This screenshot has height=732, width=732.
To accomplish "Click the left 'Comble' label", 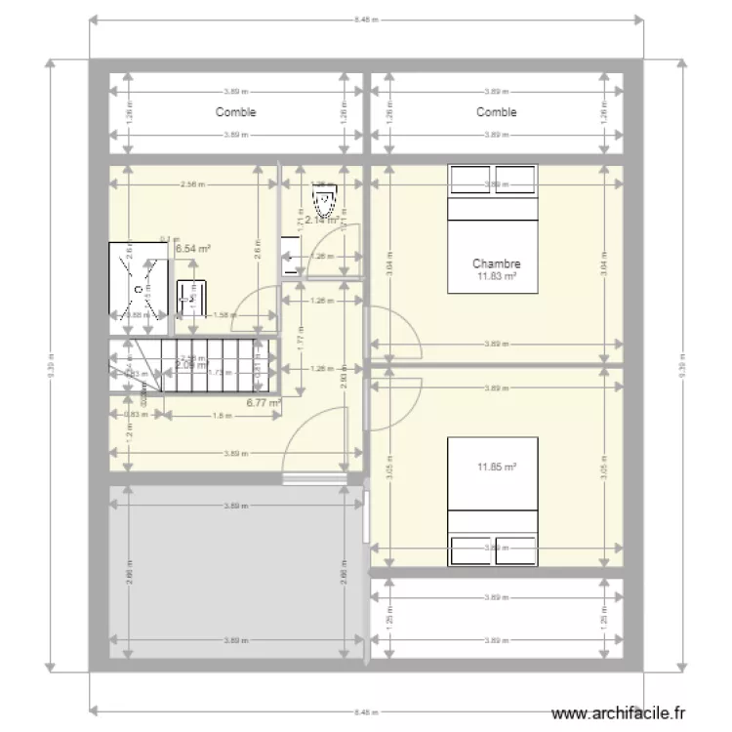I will coord(235,112).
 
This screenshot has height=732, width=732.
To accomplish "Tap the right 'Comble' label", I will coord(496,112).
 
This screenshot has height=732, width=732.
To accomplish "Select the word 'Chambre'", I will coord(496,264).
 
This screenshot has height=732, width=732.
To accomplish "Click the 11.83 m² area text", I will coord(496,276).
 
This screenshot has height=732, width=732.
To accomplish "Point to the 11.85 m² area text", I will coord(496,467).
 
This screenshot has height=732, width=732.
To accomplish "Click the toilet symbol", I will coord(324,200).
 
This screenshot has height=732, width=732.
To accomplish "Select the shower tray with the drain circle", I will coord(138,280).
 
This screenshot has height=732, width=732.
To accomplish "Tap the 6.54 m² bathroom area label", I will coord(193,249).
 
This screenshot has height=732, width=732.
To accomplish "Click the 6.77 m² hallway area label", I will coord(264,401).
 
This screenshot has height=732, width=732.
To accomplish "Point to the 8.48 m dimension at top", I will coord(366,18).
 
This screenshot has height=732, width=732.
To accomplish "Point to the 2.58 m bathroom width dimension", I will coord(192,183).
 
